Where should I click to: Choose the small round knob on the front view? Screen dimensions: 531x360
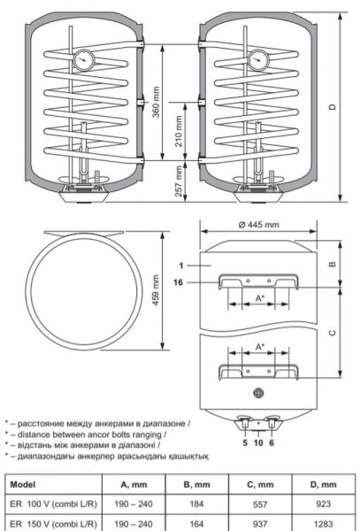point(257,392)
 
